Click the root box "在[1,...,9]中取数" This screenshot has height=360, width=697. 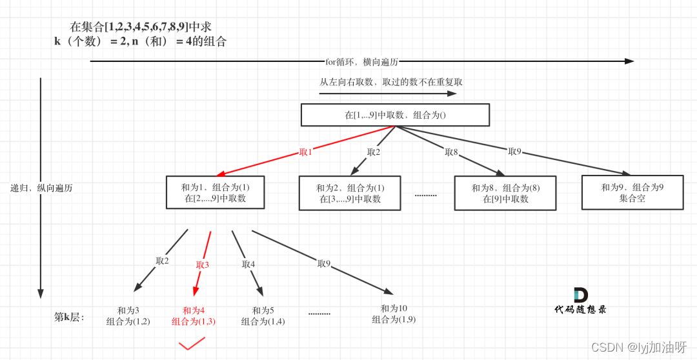coord(395,115)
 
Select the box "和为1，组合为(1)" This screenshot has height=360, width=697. coord(215,192)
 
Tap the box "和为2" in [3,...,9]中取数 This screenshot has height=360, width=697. coord(350,193)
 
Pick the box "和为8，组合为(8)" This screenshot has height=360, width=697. coord(505,193)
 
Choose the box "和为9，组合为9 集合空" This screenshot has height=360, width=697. coord(632,192)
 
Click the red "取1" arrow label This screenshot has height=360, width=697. coord(305,152)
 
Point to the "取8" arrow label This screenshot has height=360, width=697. coord(451,152)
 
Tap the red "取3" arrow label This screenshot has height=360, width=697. coord(203,265)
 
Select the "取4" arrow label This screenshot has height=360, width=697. coord(248,264)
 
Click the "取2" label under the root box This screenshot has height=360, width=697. coord(374,152)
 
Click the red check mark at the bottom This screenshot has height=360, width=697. coord(192,344)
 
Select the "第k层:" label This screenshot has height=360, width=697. coord(69,317)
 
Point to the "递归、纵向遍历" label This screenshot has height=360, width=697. coord(41,188)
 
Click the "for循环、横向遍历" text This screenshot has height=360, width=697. coord(361,62)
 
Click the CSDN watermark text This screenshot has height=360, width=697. coord(638,347)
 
